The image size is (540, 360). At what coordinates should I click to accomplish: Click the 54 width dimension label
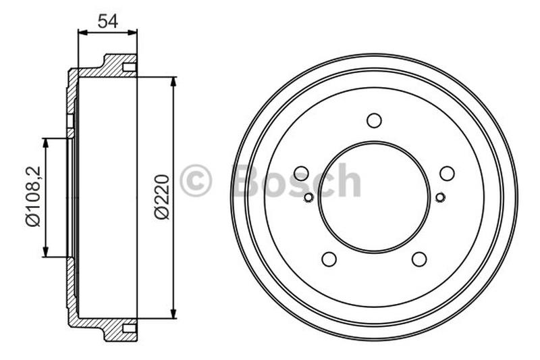[108, 20]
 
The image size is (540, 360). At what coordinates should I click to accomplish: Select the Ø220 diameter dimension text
[162, 196]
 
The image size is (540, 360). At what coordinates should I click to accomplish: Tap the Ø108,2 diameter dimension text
[33, 197]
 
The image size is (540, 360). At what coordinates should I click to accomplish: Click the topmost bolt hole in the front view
[374, 120]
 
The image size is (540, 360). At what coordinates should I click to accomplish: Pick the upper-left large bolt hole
[302, 173]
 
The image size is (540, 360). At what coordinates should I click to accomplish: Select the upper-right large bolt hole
[447, 173]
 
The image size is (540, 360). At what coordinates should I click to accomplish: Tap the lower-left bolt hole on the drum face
[329, 259]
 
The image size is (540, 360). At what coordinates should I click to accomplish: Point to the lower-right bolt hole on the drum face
[419, 259]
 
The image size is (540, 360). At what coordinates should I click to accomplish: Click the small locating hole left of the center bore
[308, 197]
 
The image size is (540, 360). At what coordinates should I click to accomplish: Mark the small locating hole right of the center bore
[440, 197]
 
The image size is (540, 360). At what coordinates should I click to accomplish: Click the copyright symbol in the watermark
[196, 181]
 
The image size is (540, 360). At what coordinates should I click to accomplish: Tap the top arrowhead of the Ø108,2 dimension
[46, 143]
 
